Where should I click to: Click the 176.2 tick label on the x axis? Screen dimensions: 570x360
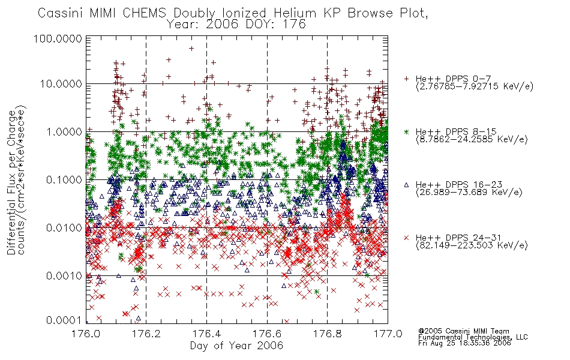tap(146, 334)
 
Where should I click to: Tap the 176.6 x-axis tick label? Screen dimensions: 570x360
tap(267, 334)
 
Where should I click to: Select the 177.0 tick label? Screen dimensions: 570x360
tap(388, 334)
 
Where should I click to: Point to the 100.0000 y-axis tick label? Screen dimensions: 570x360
tap(58, 38)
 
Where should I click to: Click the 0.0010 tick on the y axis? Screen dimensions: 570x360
tap(64, 276)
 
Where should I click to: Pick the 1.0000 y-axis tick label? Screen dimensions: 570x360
tap(64, 132)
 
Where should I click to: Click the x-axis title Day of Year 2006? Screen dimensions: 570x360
tap(236, 346)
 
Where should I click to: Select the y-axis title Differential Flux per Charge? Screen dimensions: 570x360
tap(11, 182)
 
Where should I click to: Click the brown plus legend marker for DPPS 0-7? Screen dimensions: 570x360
tap(407, 79)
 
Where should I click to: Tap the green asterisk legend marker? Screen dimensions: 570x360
tap(407, 131)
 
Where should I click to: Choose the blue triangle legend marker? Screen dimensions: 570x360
tap(407, 185)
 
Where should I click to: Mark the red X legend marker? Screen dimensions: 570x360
tap(407, 238)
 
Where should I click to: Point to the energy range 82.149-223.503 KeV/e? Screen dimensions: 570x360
tap(472, 245)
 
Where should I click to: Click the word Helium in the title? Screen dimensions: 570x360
tap(295, 13)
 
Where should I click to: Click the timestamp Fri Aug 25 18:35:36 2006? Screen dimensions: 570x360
tap(464, 343)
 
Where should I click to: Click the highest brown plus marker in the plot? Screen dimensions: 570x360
tap(191, 49)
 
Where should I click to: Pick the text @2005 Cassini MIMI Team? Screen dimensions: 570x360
tap(463, 331)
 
